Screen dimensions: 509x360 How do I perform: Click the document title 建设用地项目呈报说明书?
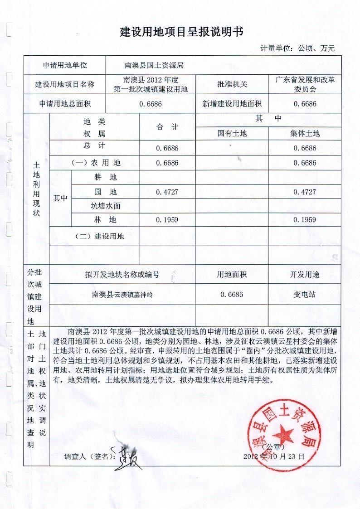coord(181,32)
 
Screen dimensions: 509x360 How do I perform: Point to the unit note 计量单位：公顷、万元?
coord(297,48)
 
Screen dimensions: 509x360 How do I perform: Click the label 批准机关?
coord(232,84)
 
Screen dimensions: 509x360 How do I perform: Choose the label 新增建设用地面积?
coord(232,104)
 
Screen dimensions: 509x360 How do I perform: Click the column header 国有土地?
coord(232,133)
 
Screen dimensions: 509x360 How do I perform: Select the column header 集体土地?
coord(305,133)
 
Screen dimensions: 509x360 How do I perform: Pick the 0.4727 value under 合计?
coord(167,192)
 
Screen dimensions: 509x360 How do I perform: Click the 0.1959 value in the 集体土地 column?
coord(305,220)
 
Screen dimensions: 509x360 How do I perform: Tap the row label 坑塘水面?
coord(106,206)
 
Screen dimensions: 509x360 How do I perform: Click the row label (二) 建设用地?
coord(98,236)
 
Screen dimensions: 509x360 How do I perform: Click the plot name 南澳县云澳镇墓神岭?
coord(122,295)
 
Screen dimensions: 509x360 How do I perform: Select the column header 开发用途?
coord(305,274)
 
